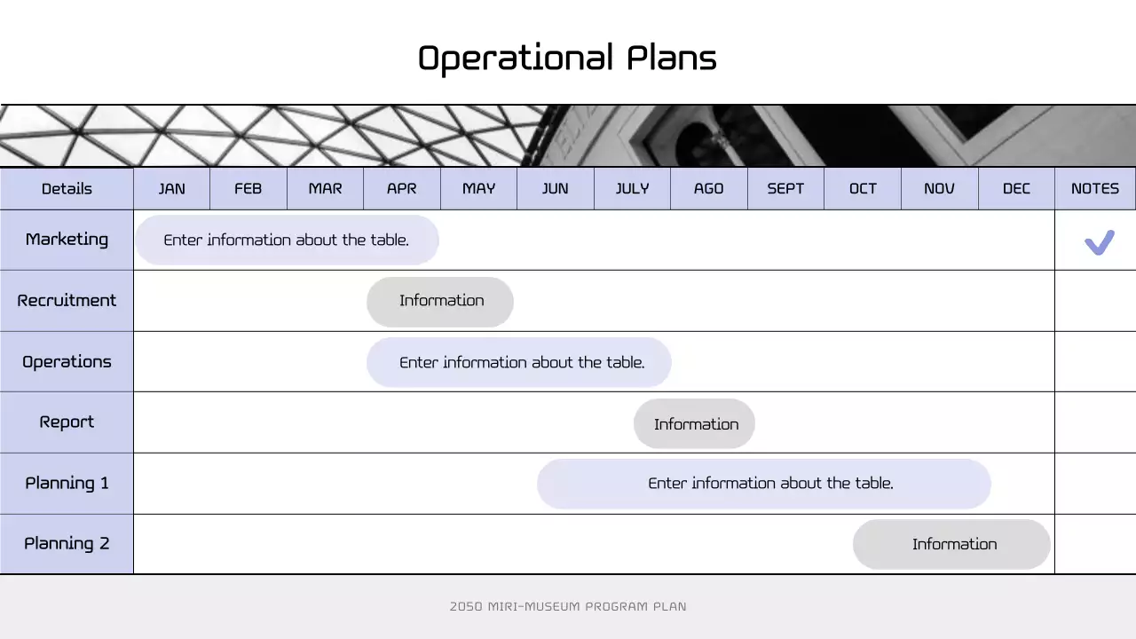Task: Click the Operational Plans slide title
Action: point(567,59)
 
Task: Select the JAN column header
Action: point(171,188)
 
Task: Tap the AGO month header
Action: point(708,188)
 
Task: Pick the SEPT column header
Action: point(785,188)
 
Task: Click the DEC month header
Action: point(1016,188)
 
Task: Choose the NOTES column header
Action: point(1094,188)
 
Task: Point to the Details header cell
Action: point(67,188)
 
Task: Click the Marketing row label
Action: point(67,240)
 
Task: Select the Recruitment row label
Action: point(67,300)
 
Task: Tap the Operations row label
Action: point(67,361)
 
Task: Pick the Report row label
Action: point(67,422)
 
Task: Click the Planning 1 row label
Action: point(67,483)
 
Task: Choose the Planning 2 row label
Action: point(67,544)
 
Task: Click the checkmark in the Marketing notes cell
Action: point(1099,241)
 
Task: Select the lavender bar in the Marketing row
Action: point(287,240)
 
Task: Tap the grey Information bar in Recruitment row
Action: point(440,301)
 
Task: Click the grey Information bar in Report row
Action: point(694,423)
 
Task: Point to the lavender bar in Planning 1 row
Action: point(763,484)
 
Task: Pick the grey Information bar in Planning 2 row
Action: point(951,544)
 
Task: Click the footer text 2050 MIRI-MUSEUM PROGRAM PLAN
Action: point(568,607)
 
